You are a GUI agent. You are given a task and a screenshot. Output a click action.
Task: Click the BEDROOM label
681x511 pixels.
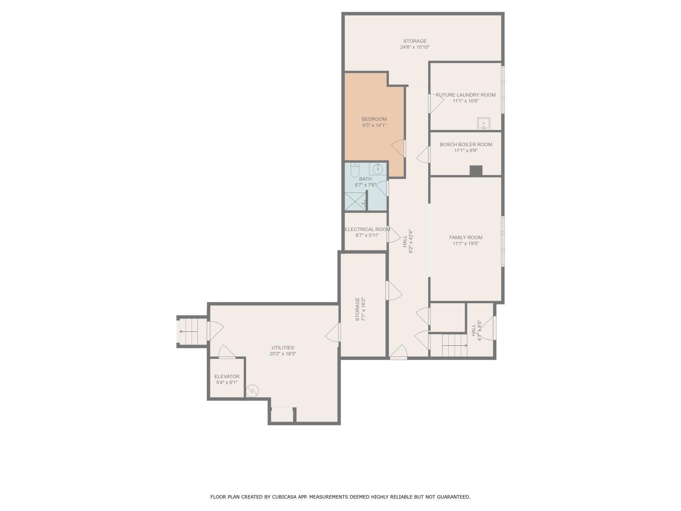(374, 119)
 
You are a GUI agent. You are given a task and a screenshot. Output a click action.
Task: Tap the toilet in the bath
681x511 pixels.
(354, 170)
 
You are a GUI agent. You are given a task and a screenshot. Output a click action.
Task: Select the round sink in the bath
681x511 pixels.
(377, 169)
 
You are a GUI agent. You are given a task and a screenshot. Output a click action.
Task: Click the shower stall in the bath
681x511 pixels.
(355, 201)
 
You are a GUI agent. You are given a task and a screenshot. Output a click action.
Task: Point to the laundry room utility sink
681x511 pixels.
(484, 123)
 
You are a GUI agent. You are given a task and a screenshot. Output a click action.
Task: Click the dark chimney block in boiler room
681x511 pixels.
(476, 171)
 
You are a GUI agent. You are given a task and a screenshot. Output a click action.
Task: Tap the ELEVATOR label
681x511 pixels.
(227, 376)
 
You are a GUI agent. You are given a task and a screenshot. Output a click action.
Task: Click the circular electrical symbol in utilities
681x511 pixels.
(252, 391)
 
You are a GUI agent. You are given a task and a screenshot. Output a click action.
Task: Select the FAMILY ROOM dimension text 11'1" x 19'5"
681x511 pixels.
(466, 244)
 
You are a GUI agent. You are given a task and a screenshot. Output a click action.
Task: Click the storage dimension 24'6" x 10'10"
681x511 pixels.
(415, 47)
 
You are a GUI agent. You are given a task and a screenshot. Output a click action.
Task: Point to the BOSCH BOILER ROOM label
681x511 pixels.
(466, 144)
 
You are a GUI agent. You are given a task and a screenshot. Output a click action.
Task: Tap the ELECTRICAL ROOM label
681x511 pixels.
(367, 229)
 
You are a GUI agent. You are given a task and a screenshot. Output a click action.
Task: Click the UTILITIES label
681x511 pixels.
(283, 347)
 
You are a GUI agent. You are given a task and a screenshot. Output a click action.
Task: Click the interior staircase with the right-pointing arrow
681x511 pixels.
(448, 345)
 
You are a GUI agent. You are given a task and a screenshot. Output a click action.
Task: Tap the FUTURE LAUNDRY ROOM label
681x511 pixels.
(466, 95)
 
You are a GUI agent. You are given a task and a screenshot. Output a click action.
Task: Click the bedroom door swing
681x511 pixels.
(399, 148)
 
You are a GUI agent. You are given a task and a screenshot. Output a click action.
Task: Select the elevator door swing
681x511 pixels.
(227, 352)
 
